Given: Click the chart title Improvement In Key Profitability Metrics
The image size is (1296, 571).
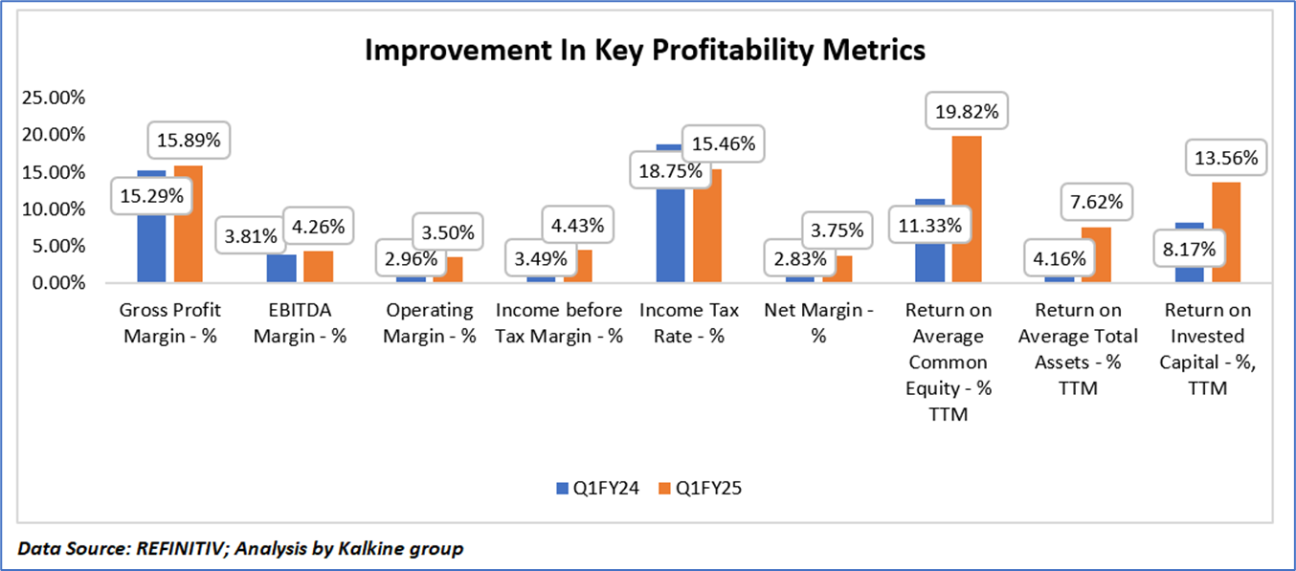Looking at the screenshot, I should coord(645,50).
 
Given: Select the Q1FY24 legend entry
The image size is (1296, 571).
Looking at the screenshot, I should coord(594,488).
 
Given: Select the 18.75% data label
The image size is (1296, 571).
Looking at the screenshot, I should coord(667,172).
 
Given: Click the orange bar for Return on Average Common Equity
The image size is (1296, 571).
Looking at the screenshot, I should coord(967,209).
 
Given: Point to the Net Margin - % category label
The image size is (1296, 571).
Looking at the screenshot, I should coord(818,323).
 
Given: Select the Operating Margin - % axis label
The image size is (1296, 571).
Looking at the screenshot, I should coord(430,323).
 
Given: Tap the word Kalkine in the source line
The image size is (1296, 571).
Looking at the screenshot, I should coord(387,549).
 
